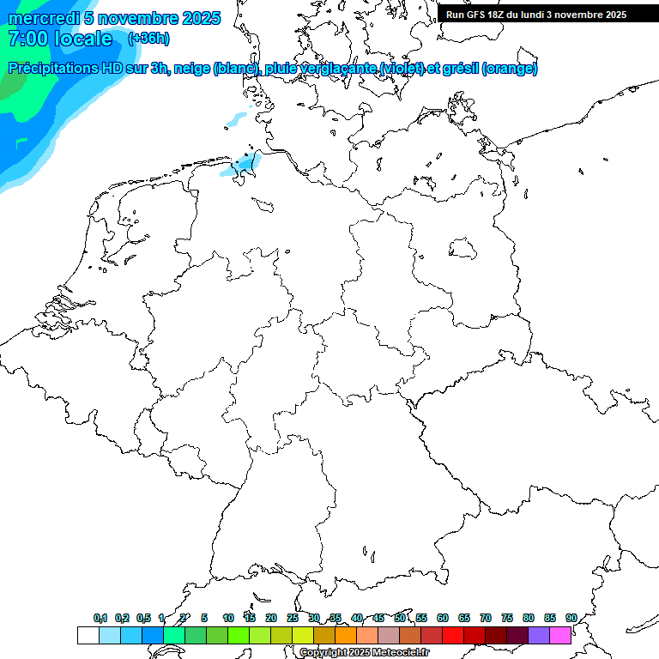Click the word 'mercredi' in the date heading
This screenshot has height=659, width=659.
[x=43, y=18]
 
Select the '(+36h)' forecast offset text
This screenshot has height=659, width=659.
[x=148, y=39]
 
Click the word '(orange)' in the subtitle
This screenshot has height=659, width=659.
[x=510, y=69]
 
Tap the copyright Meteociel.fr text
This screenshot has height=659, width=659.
[x=364, y=653]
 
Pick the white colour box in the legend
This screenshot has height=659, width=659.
[x=88, y=636]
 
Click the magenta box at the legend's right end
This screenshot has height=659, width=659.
[x=560, y=636]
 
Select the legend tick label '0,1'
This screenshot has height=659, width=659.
[x=100, y=619]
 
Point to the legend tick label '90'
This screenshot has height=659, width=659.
[x=571, y=619]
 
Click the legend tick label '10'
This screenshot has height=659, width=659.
[x=227, y=619]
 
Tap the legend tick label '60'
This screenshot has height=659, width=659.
[x=443, y=619]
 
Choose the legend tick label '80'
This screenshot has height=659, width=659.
[x=529, y=619]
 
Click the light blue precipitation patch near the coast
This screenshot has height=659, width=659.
[x=244, y=165]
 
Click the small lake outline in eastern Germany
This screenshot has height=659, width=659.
[x=463, y=249]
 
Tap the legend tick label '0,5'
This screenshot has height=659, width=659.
[x=143, y=619]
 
